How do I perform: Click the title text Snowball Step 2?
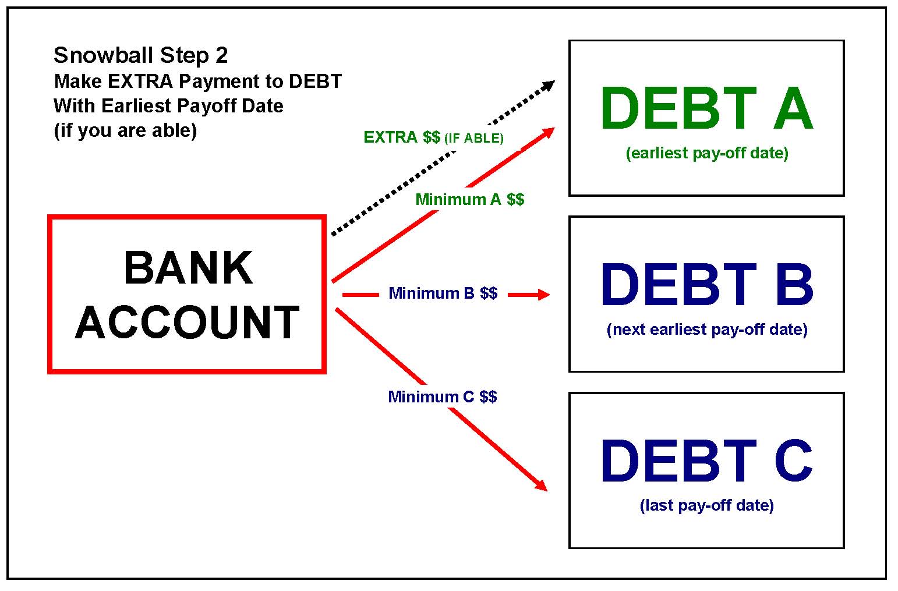[x=140, y=55]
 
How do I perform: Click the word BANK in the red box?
[x=188, y=268]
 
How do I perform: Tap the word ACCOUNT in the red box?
[x=187, y=323]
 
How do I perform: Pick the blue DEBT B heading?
[x=706, y=285]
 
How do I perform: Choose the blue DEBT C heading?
[x=706, y=461]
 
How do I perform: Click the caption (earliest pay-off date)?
[x=706, y=153]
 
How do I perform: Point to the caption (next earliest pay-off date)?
[x=706, y=330]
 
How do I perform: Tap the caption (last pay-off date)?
[x=706, y=505]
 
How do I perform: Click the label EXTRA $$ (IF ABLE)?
[x=433, y=137]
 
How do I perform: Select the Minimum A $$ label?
[x=469, y=200]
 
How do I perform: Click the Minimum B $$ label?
[x=443, y=293]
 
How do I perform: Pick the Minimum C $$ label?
[x=442, y=397]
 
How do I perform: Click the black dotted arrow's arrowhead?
[x=548, y=86]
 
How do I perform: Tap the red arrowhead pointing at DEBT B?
[x=543, y=295]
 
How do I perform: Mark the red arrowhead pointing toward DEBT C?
[x=541, y=485]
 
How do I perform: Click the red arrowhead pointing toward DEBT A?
[x=548, y=132]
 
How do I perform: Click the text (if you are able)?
[x=125, y=130]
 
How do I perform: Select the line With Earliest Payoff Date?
[x=168, y=106]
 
